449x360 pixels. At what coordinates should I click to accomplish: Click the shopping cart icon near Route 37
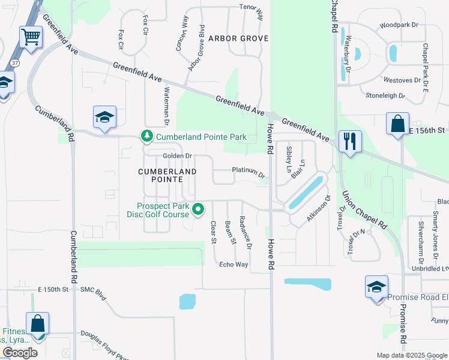coord(31,37)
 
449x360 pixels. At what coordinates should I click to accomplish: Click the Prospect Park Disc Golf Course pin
coord(198,209)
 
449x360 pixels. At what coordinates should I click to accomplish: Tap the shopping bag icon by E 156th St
coord(397,124)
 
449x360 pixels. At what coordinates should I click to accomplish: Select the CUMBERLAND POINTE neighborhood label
coord(167,171)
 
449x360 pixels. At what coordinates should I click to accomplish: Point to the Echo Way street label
coord(234,265)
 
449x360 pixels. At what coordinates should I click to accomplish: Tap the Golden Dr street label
coord(177,156)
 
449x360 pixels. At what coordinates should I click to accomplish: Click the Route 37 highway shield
coord(14,62)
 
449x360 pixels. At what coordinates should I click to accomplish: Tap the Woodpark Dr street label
coord(399,26)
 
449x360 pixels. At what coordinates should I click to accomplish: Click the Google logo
coord(20,352)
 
